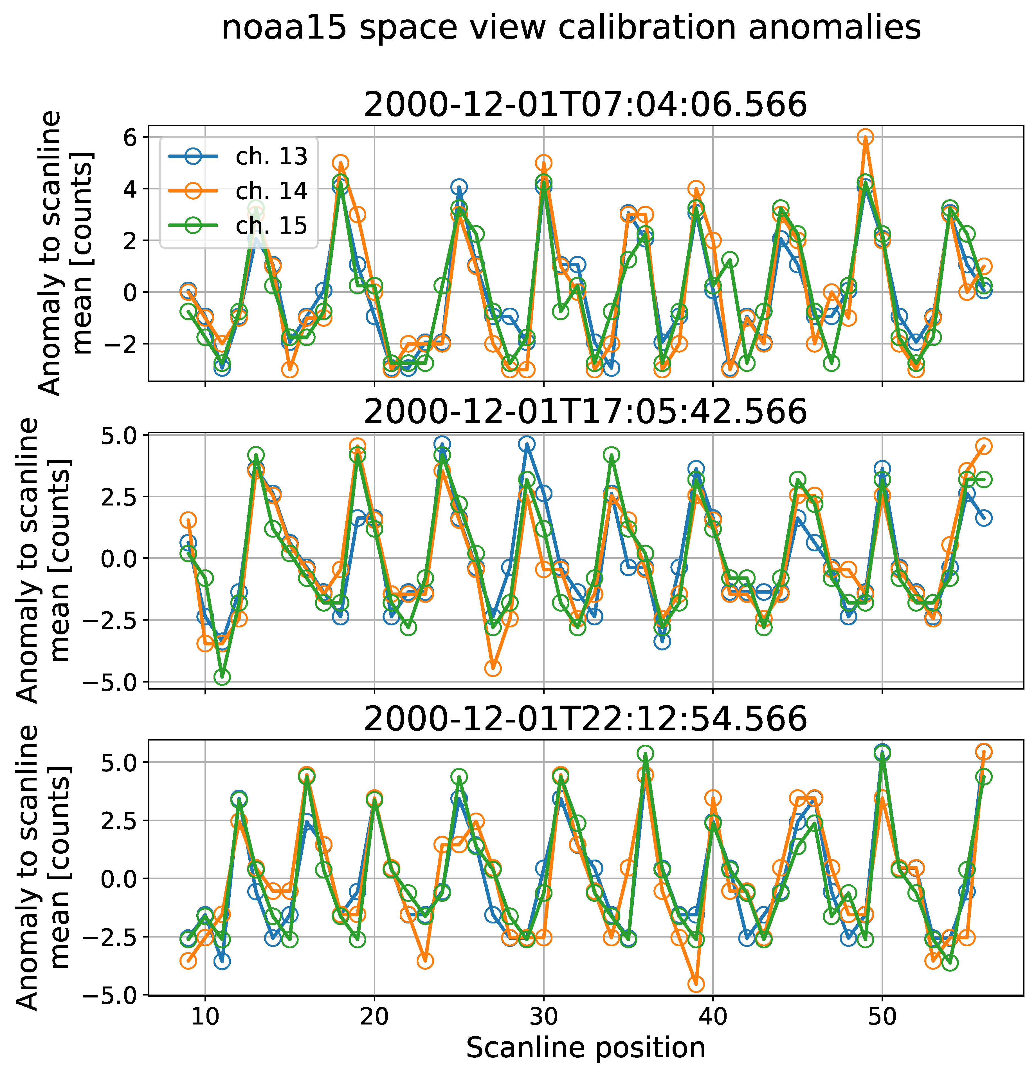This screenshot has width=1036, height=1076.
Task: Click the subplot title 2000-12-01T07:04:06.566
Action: click(x=585, y=105)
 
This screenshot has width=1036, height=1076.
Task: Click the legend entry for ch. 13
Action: click(x=271, y=157)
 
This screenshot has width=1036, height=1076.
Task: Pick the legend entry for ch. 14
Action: click(x=271, y=191)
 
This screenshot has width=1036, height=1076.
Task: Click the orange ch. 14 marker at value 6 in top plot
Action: click(x=865, y=137)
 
